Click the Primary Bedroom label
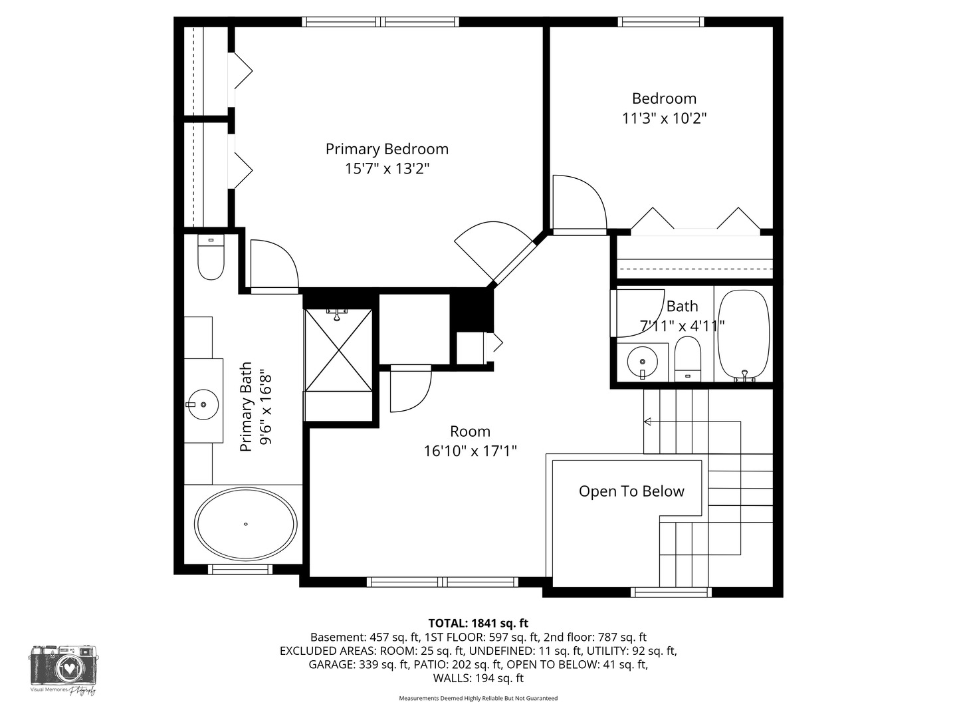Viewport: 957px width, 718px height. [387, 149]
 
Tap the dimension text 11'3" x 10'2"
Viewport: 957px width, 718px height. [663, 118]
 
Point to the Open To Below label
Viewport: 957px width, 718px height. [631, 491]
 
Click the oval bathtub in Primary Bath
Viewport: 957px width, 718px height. [245, 524]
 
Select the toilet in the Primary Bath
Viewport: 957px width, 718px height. [211, 257]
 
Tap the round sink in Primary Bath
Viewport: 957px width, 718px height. [203, 405]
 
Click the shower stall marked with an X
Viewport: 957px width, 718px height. [338, 350]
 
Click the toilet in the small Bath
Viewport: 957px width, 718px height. [688, 359]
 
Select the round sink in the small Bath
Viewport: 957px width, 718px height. [642, 362]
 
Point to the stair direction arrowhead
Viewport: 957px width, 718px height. [647, 421]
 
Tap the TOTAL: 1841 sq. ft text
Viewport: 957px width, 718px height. [478, 623]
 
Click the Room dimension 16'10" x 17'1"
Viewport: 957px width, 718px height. [470, 451]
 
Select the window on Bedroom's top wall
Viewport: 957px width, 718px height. [661, 22]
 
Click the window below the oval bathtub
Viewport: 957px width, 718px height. [240, 569]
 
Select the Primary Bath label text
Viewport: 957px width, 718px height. [246, 407]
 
